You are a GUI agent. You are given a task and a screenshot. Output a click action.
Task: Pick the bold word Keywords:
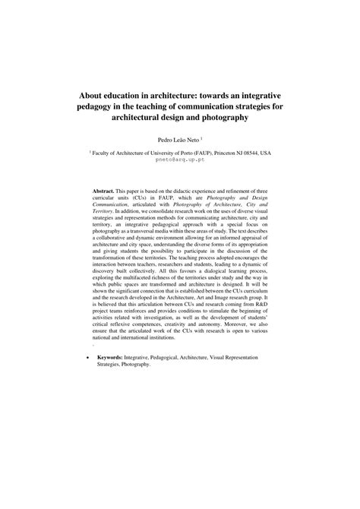(x=112, y=356)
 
